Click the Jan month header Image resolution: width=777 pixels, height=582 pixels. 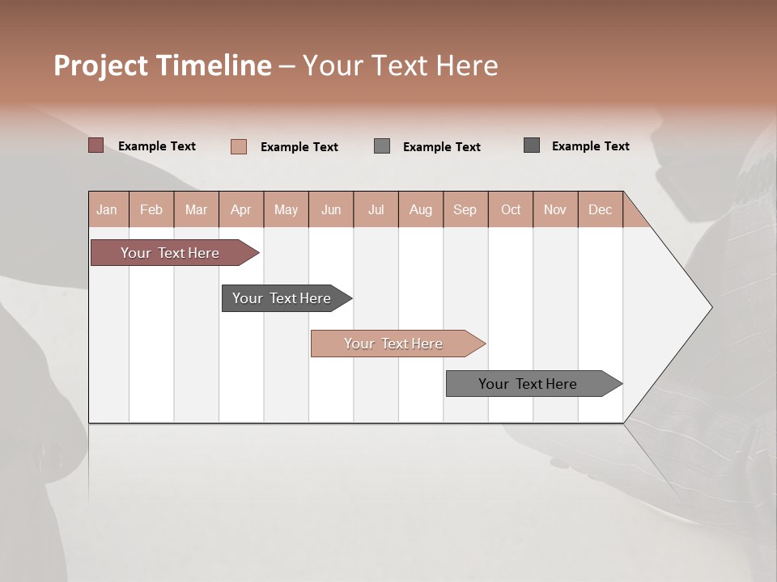click(108, 209)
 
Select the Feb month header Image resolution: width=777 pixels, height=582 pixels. click(151, 209)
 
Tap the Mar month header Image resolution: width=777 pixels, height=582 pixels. click(196, 209)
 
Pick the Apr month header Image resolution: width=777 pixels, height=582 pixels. click(241, 209)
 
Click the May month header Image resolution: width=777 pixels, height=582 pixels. click(286, 209)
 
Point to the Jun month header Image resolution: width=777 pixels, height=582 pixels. click(331, 209)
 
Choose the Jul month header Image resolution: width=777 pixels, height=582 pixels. click(376, 209)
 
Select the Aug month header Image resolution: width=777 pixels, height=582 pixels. click(421, 209)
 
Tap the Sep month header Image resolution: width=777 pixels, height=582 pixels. click(465, 209)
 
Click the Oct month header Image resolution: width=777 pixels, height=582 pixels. click(511, 209)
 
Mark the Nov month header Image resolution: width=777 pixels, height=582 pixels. click(555, 209)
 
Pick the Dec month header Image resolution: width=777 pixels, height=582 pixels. click(601, 209)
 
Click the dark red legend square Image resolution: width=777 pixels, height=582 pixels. click(96, 145)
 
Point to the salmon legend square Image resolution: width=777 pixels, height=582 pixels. click(239, 146)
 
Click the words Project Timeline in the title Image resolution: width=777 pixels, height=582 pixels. click(163, 65)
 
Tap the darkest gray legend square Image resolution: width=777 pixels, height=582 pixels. click(532, 145)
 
